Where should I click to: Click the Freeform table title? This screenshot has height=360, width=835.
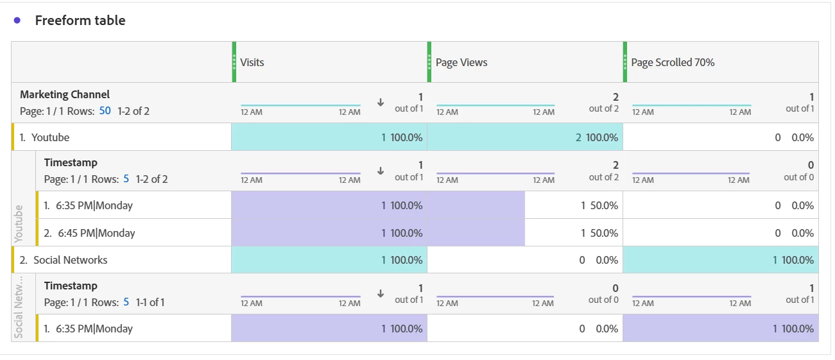80,21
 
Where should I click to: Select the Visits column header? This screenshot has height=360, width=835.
252,62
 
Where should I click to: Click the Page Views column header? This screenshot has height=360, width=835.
461,62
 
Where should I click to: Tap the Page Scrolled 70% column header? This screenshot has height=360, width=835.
673,62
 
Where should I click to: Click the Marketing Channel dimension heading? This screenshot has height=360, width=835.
65,94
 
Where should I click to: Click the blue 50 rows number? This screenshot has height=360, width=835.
105,110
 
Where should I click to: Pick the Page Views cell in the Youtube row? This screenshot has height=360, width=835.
524,137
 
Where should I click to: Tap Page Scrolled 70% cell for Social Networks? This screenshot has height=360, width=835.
720,260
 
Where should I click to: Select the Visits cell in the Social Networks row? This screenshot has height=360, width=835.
329,260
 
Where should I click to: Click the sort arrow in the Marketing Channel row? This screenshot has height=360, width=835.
381,102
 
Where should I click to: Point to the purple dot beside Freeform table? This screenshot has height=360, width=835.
17,21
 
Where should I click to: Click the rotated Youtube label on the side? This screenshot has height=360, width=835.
19,223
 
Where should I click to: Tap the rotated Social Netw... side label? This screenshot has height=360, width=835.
19,306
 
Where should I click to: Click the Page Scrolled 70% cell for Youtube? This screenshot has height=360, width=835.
720,137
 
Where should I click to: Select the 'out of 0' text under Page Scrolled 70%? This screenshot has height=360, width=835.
798,177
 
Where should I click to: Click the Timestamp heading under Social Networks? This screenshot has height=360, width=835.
71,286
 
